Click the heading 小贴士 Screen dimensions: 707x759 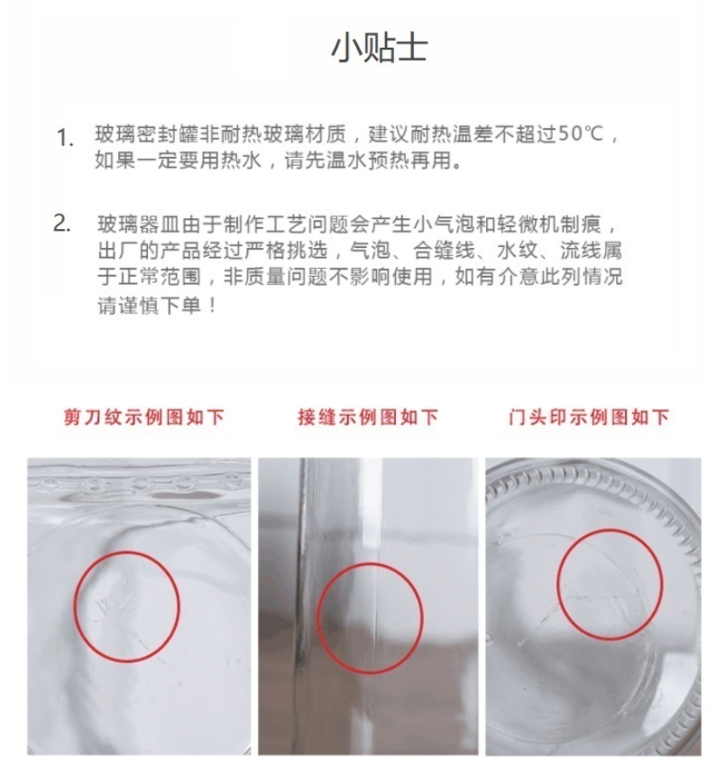tap(379, 48)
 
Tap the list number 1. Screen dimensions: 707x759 tap(65, 138)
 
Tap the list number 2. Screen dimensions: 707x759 tap(62, 224)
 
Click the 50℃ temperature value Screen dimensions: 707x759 tap(581, 134)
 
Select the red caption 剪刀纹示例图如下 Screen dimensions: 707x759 tap(143, 416)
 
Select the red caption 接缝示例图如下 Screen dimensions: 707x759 tap(368, 416)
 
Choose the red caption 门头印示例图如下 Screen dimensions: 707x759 tap(589, 416)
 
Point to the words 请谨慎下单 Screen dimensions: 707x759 tap(150, 306)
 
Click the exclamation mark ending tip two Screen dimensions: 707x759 tap(213, 306)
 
